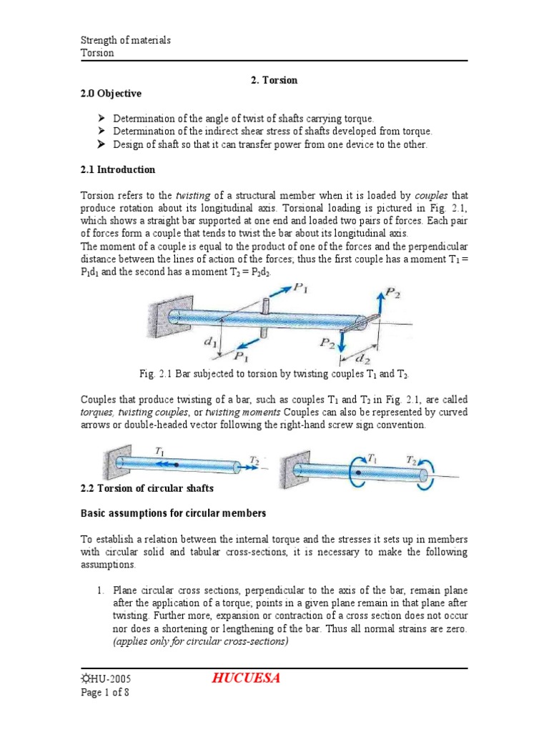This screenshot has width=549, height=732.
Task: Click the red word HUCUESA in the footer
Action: (241, 678)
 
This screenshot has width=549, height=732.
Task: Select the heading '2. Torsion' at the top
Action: (274, 81)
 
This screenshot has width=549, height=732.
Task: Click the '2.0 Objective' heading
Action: (110, 94)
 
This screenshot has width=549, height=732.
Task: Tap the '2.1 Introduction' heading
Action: (117, 170)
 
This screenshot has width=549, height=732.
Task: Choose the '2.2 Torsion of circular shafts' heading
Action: (147, 488)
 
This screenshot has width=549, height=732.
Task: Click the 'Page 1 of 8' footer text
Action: (104, 692)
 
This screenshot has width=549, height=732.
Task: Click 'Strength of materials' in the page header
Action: (125, 40)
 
